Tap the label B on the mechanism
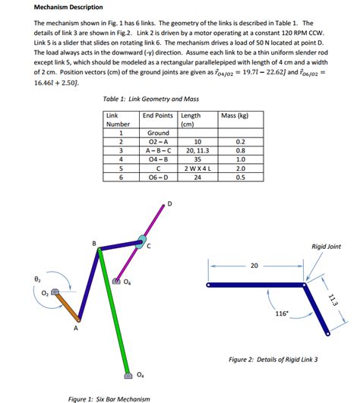point(93,243)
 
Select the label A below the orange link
point(74,329)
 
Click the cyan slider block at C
point(141,242)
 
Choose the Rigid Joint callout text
point(327,246)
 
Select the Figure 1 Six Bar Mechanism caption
point(109,398)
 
